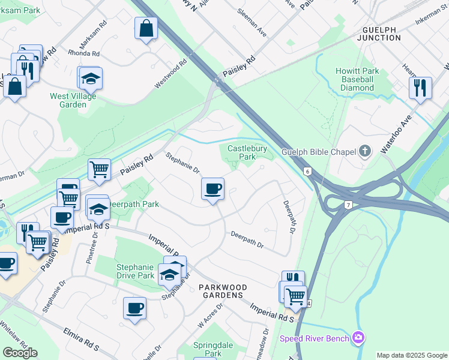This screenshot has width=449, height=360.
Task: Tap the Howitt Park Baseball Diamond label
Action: (x=357, y=79)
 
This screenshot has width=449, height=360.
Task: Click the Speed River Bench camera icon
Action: (x=359, y=338)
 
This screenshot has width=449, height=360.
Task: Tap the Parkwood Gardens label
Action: (x=221, y=291)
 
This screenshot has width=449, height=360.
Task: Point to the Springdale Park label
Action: (x=208, y=349)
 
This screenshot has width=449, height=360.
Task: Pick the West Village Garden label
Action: (x=76, y=100)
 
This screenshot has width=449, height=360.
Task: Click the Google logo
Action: (x=20, y=353)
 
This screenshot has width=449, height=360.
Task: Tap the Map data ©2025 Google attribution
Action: (x=411, y=355)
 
